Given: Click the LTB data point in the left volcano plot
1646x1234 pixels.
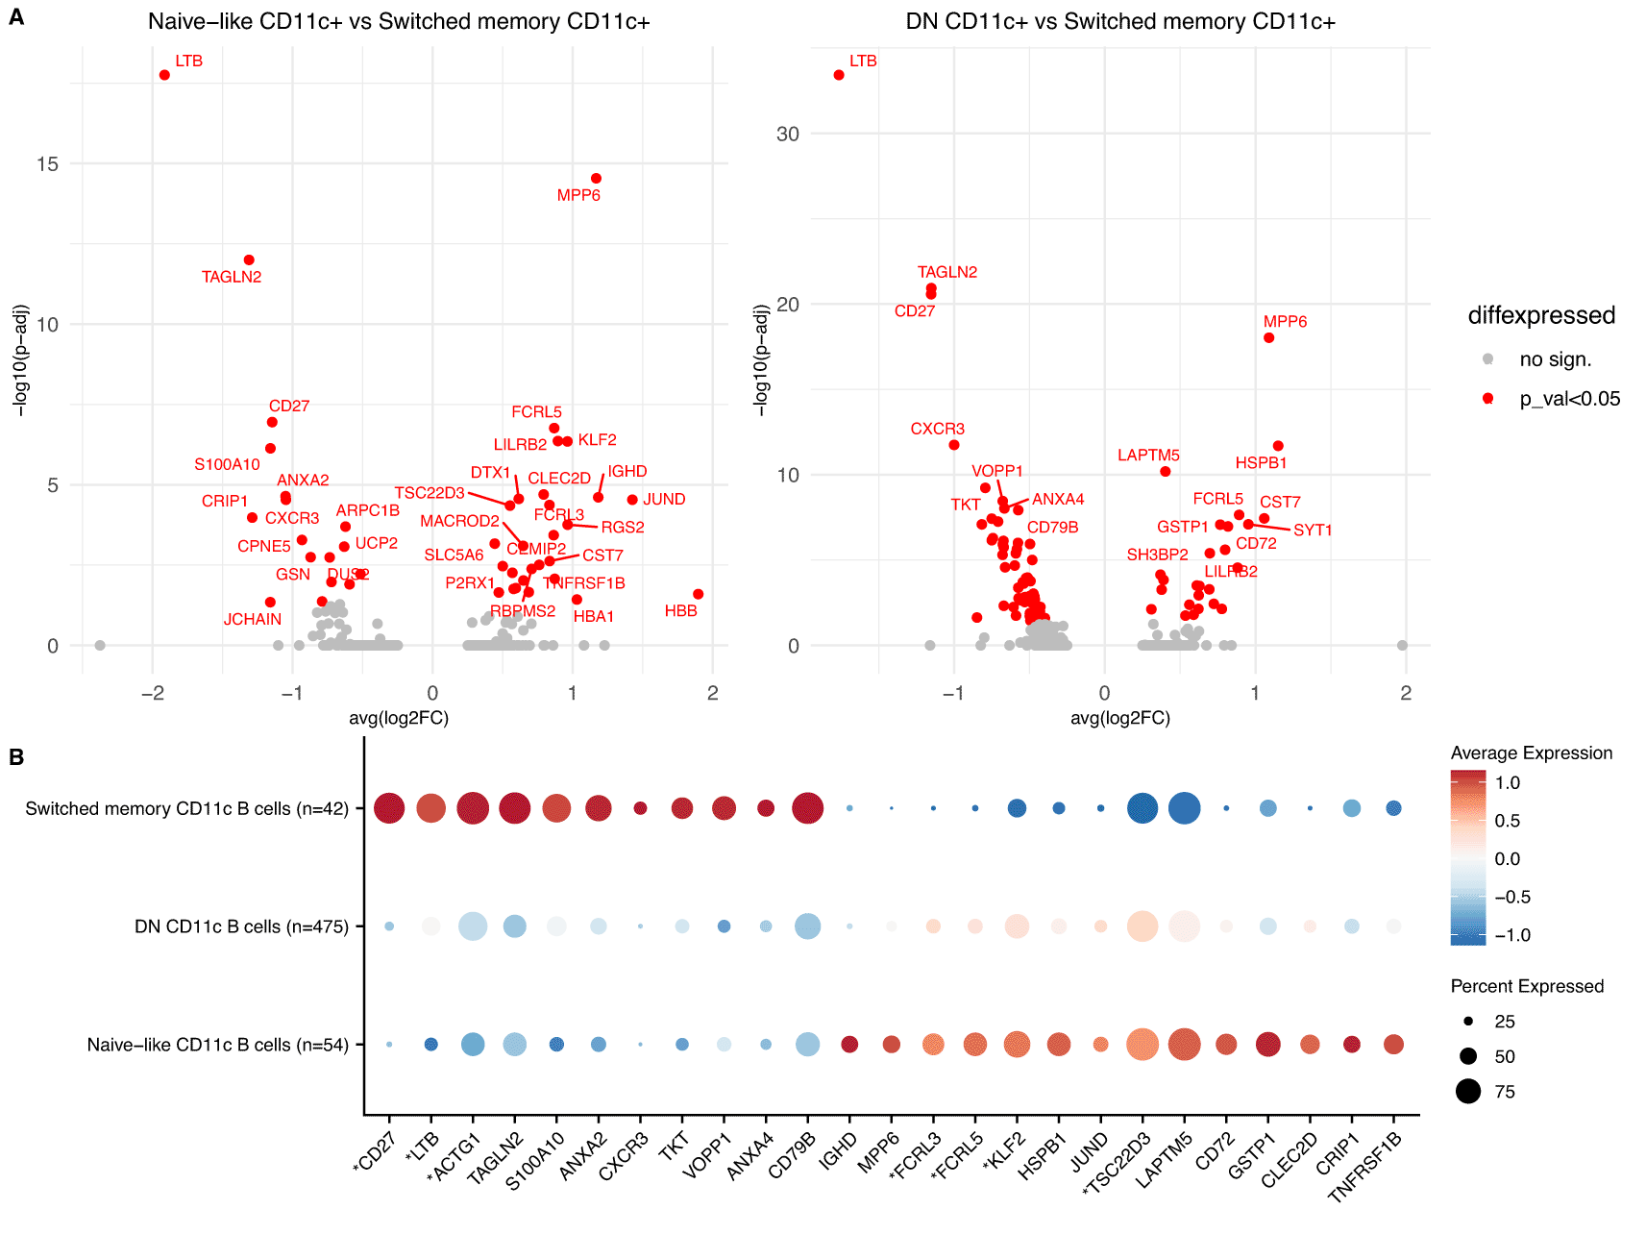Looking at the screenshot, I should click(164, 75).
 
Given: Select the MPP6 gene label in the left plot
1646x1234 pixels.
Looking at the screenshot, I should click(578, 195).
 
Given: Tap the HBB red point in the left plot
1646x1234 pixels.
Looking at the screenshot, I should click(698, 594).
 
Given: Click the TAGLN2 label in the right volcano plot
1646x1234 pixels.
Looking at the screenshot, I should click(946, 272).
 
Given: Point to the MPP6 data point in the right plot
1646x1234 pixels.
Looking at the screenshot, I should click(1268, 337).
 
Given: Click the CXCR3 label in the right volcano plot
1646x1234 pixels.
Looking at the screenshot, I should click(937, 429).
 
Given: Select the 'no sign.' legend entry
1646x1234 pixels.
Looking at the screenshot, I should click(1555, 359).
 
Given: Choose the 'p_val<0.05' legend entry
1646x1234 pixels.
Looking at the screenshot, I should click(1569, 399).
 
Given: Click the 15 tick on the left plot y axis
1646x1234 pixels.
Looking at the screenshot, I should click(47, 164).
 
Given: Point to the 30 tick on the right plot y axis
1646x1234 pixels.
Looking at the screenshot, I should click(787, 135).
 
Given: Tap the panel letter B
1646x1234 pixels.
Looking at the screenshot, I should click(16, 757).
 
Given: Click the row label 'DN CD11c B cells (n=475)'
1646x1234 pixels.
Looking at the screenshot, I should click(241, 926).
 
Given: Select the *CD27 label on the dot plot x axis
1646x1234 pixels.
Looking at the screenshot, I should click(375, 1152).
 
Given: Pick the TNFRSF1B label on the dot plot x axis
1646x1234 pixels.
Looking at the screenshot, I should click(1365, 1166).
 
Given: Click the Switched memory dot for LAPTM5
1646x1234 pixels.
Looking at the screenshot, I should click(1184, 808).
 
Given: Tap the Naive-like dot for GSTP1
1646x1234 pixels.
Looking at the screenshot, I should click(1267, 1044).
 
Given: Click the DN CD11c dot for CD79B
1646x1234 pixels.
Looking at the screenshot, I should click(807, 926).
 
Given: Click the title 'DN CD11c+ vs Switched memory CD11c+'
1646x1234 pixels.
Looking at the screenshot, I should click(1120, 21).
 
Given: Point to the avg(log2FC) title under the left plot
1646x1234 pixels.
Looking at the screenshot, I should click(398, 718).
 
